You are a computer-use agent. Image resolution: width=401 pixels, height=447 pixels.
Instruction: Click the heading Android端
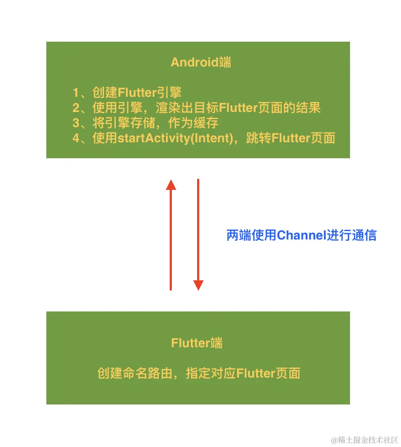click(x=201, y=62)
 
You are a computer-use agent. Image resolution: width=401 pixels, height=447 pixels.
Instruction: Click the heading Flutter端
click(x=197, y=343)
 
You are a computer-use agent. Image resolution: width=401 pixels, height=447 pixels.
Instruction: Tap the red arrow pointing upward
click(x=171, y=235)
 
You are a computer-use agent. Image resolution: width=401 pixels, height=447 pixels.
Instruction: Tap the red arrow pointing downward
click(x=198, y=234)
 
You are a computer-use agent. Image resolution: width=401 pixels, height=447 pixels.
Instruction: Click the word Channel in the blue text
click(x=302, y=235)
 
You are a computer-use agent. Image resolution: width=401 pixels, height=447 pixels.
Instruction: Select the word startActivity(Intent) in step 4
click(x=175, y=138)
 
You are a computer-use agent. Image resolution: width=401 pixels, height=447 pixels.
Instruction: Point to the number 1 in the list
click(x=76, y=93)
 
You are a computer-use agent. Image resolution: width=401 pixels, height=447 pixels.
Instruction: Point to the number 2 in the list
click(x=76, y=108)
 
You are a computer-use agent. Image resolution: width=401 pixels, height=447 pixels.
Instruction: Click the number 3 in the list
click(x=76, y=123)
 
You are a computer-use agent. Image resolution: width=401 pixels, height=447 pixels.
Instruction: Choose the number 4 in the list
click(x=76, y=138)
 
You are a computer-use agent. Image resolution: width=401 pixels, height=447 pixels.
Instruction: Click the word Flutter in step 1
click(x=137, y=93)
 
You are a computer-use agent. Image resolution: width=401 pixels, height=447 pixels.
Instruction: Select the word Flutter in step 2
click(x=238, y=108)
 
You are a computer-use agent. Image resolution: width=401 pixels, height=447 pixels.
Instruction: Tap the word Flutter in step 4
click(x=291, y=138)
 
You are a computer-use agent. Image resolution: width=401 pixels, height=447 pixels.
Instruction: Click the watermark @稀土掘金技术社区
click(x=364, y=439)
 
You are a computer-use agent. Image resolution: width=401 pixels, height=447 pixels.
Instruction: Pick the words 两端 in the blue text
click(x=239, y=235)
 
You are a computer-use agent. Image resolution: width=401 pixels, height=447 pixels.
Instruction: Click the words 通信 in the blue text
click(x=364, y=235)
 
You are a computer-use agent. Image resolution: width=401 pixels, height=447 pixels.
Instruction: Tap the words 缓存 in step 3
click(x=206, y=123)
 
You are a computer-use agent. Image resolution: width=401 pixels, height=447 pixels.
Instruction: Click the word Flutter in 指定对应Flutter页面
click(x=256, y=373)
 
